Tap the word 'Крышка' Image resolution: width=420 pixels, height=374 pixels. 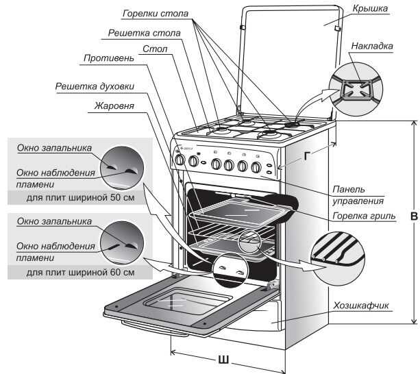tap(371, 10)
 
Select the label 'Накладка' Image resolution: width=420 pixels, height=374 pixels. tap(371, 47)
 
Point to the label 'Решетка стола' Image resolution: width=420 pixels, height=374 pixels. tap(145, 33)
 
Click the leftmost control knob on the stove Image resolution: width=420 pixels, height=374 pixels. tap(180, 161)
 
